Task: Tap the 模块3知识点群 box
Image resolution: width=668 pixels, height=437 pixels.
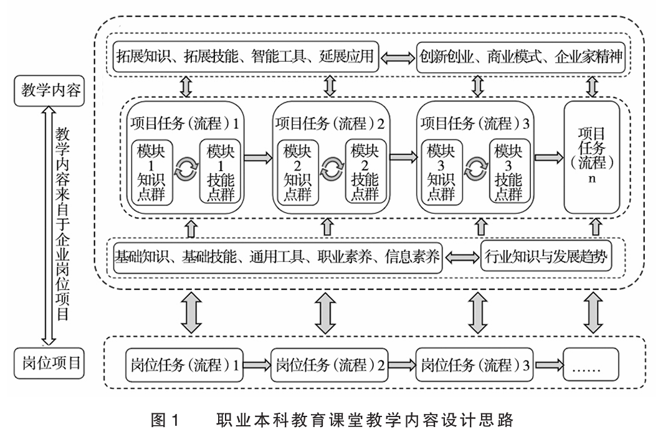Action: pos(440,171)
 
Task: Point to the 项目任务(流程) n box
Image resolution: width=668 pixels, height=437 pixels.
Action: pos(591,157)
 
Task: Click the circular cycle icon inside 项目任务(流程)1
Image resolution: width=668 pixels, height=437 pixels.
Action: pos(186,168)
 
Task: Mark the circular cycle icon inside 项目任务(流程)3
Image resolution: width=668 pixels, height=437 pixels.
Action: pos(477,168)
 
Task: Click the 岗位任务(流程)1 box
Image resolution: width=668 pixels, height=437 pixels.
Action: pos(185,365)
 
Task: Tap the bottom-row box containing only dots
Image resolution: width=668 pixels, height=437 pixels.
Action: pos(591,365)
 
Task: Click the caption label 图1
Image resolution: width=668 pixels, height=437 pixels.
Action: pos(165,420)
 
